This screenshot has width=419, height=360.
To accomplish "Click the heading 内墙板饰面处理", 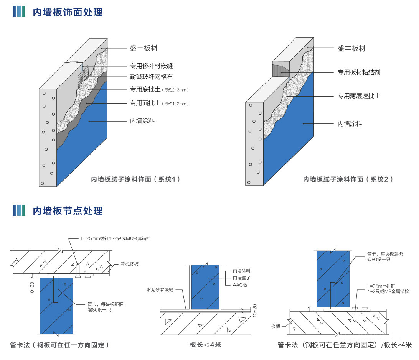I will (x=68, y=12).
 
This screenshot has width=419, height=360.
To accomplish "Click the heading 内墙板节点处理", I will (x=68, y=210).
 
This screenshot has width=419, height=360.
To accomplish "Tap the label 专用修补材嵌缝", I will (x=151, y=66).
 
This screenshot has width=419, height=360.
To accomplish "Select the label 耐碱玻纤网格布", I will (x=151, y=77).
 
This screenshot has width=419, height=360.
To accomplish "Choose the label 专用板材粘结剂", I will (x=359, y=72).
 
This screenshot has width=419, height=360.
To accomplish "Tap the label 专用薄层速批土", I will (x=359, y=96).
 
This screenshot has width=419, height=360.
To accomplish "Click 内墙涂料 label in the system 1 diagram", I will (x=142, y=121).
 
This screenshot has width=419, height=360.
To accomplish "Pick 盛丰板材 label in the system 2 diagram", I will (x=351, y=49).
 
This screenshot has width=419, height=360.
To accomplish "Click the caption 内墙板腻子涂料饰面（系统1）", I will (x=135, y=179).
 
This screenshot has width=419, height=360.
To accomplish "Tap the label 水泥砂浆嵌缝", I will (x=160, y=290).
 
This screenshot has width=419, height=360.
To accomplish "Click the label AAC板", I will (x=240, y=285).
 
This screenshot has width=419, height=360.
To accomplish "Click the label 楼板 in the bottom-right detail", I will (x=276, y=326).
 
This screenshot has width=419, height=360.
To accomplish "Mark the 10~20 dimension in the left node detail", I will (x=32, y=286).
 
